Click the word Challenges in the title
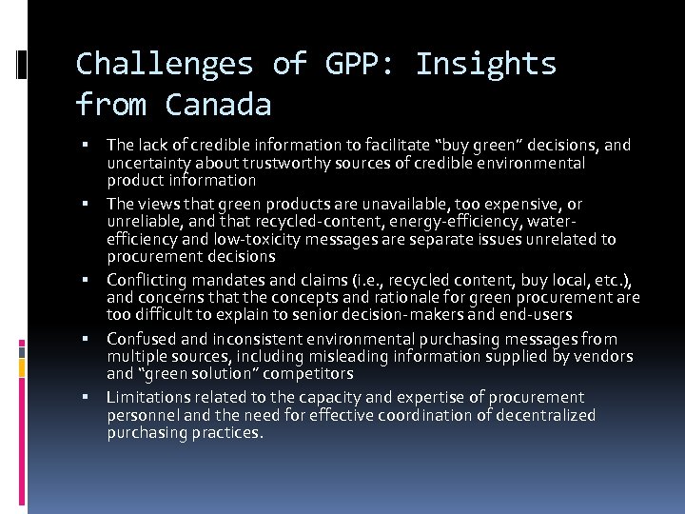pyautogui.click(x=164, y=64)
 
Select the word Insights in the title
pyautogui.click(x=486, y=64)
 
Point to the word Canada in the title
pyautogui.click(x=218, y=104)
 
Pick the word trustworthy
pyautogui.click(x=266, y=163)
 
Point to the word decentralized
pyautogui.click(x=539, y=415)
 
